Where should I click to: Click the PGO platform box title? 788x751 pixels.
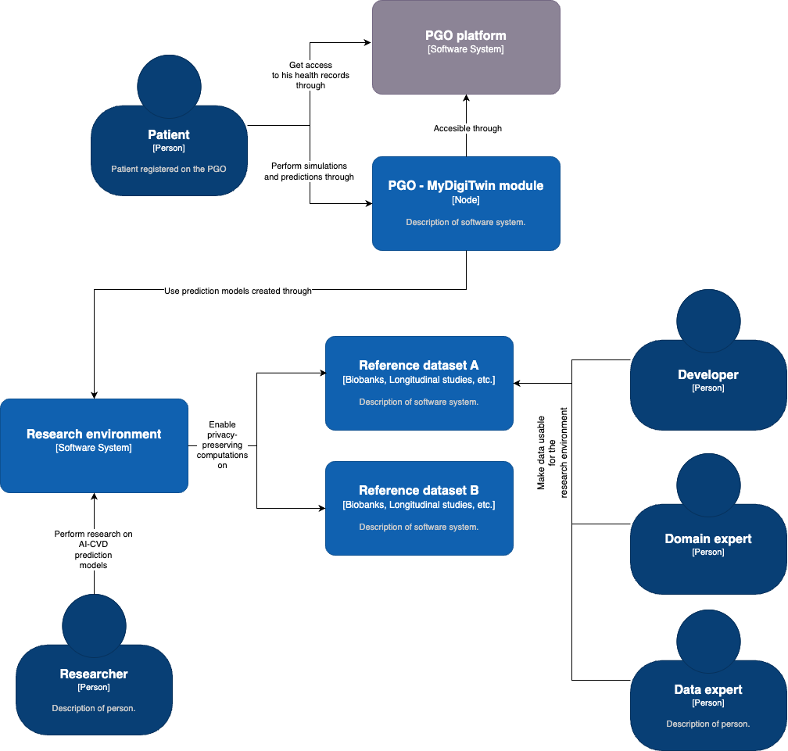466,35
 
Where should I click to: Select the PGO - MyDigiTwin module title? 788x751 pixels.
466,185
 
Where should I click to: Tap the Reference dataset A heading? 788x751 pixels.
419,365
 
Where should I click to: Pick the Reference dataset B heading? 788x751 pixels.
419,490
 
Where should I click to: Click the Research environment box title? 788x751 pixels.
94,434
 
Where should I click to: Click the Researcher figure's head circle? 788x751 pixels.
94,626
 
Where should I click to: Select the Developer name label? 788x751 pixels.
708,374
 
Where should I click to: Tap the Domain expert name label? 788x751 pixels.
708,538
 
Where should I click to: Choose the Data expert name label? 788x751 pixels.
708,689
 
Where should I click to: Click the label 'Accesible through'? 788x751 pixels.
467,128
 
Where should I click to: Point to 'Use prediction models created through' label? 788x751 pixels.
238,291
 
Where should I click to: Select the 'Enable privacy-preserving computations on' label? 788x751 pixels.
222,445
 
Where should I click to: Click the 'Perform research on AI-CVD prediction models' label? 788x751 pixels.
94,549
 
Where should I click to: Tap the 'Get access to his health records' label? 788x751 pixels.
310,75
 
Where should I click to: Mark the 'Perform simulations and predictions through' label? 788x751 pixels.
309,172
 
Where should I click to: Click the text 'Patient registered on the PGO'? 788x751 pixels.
169,169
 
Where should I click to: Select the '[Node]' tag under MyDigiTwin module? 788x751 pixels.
466,201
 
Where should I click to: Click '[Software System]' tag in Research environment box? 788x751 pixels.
94,449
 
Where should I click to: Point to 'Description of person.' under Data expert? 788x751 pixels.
708,724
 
